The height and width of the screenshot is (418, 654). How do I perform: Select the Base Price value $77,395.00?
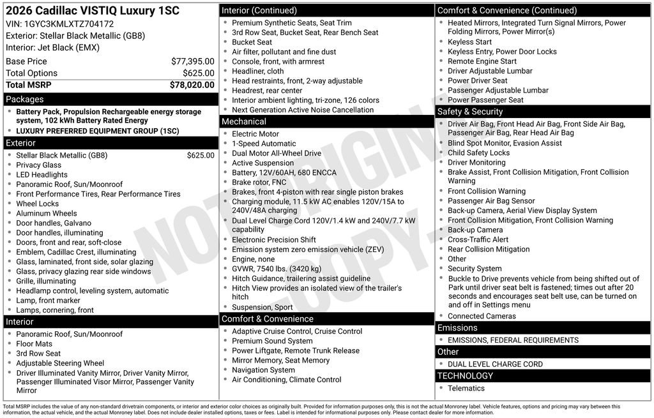[192, 61]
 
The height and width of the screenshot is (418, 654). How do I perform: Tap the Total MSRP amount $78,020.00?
[192, 84]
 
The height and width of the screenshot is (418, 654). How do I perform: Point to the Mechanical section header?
[244, 121]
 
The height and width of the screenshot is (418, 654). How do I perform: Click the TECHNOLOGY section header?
[465, 376]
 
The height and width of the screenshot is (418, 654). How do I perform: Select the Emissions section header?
[457, 328]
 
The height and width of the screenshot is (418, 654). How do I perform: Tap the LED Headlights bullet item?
[42, 175]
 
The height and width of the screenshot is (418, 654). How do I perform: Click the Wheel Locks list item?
[37, 204]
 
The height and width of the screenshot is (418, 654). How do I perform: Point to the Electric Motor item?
[255, 134]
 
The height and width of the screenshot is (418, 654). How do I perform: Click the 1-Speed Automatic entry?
[264, 144]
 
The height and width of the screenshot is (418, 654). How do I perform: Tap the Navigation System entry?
[263, 370]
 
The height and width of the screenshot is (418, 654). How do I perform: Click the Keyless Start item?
[469, 42]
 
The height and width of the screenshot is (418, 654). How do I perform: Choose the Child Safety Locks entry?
[478, 153]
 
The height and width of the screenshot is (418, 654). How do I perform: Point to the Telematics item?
[466, 388]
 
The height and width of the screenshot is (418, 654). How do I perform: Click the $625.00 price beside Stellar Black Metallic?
[201, 155]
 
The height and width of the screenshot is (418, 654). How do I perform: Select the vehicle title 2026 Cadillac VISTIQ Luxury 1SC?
[93, 11]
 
